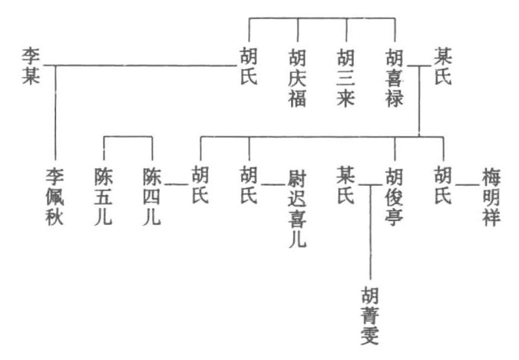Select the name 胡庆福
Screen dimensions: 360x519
pos(297,78)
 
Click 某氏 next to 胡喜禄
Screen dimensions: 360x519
pos(443,66)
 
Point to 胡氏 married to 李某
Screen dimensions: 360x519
pos(249,66)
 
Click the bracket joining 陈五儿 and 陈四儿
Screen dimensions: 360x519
pos(127,137)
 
